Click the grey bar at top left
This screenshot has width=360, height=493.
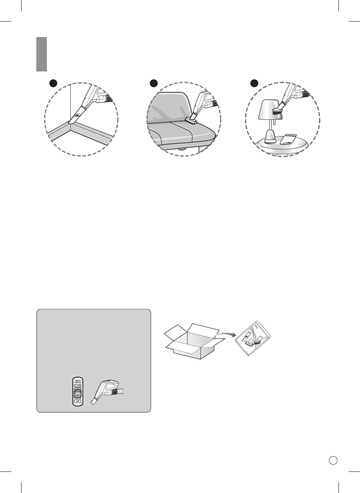(x=42, y=54)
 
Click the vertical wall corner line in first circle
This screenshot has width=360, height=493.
(x=71, y=102)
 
